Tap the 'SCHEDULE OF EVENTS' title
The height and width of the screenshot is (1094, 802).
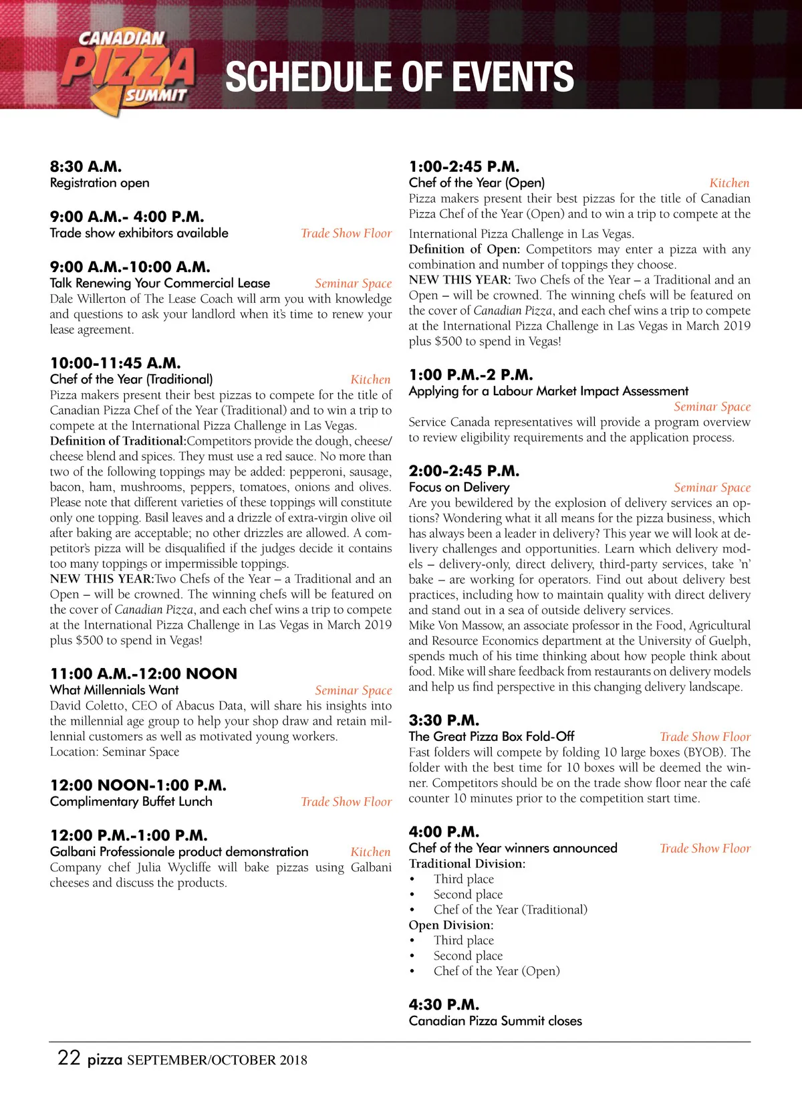click(x=399, y=76)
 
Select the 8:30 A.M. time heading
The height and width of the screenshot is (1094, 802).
click(x=86, y=167)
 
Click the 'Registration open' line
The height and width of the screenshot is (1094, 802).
click(x=100, y=183)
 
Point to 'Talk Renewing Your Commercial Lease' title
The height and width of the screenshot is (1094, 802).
click(x=160, y=283)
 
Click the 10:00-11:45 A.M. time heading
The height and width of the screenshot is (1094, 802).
click(x=115, y=363)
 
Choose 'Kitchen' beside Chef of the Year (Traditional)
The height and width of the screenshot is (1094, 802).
click(x=370, y=379)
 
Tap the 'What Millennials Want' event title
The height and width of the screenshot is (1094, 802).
click(x=114, y=690)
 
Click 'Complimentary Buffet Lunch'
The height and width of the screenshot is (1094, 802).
click(x=131, y=801)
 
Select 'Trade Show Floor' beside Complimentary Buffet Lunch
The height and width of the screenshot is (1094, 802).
click(x=346, y=802)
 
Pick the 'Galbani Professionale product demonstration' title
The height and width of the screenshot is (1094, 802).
click(x=179, y=852)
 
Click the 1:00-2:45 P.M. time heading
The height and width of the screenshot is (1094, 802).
click(x=464, y=167)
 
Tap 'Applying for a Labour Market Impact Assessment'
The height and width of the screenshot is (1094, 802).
click(x=548, y=391)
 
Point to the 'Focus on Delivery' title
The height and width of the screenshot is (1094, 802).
click(x=459, y=487)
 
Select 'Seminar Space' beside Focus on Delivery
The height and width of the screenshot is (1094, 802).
click(x=712, y=487)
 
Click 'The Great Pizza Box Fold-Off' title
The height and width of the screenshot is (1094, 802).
click(x=491, y=736)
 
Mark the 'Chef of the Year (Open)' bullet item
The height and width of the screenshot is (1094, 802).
click(x=497, y=971)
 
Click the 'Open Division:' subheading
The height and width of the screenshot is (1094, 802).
click(x=451, y=925)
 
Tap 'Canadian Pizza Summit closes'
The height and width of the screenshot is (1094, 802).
click(x=495, y=1021)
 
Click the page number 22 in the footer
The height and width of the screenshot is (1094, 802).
click(x=69, y=1058)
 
